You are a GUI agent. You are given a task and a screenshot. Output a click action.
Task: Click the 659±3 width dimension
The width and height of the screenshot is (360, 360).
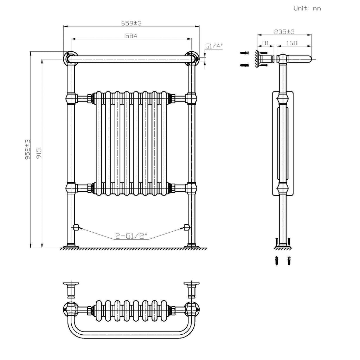tap(131, 23)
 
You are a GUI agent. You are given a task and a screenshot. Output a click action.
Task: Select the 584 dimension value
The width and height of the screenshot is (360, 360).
tap(131, 36)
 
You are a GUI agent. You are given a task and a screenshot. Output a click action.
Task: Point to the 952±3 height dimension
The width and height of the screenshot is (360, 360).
tap(28, 150)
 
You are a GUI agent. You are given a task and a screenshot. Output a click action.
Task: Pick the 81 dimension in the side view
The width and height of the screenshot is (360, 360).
tap(265, 43)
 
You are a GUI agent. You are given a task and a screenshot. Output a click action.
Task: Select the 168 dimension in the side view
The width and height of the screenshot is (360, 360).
tap(292, 43)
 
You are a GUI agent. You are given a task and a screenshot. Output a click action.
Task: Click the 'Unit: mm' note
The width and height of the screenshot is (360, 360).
tap(307, 8)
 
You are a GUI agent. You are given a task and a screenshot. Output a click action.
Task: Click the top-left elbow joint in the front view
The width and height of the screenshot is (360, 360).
tap(70, 58)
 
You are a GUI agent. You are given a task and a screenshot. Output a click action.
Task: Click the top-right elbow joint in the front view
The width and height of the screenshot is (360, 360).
tap(192, 58)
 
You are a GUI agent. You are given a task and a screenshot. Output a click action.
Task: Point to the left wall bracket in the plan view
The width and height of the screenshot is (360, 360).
tap(71, 289)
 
